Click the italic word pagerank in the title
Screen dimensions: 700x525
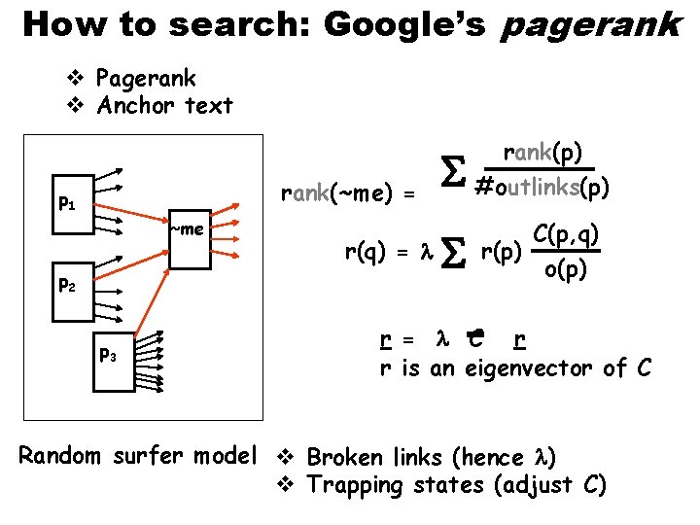point(590,25)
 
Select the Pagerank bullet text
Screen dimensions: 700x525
point(147,78)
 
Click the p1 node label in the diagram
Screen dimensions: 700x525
point(67,205)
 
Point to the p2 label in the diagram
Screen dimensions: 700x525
point(67,286)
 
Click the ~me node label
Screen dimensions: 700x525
point(187,229)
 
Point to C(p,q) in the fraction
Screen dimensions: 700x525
point(565,234)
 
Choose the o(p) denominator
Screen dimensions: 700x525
point(565,269)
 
